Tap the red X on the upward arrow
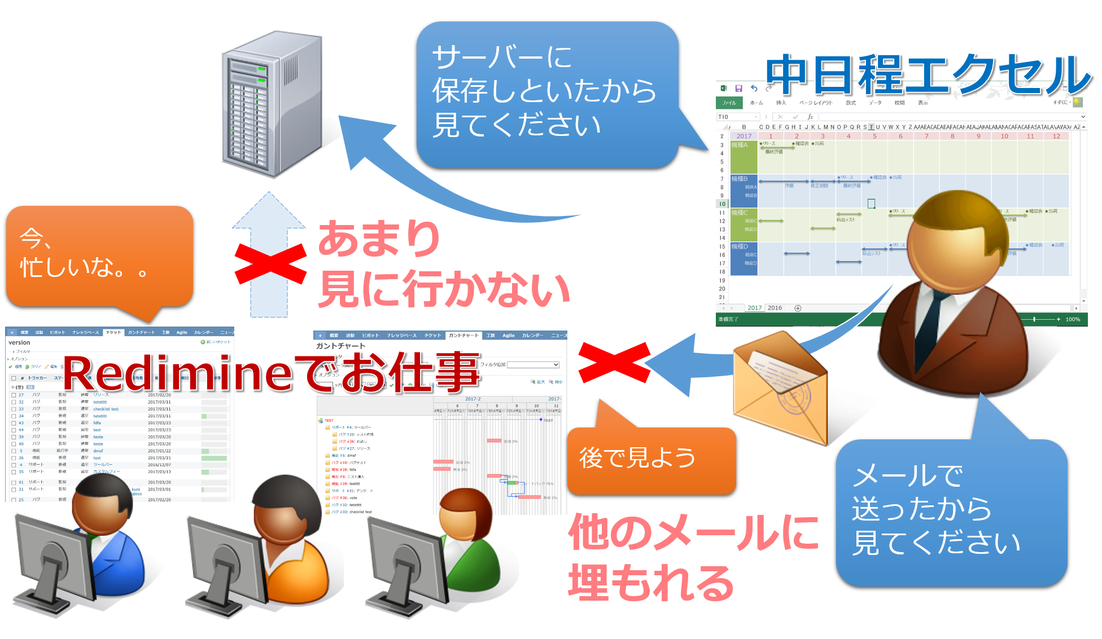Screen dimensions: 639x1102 coord(270,264)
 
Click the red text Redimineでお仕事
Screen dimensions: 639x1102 coord(271,372)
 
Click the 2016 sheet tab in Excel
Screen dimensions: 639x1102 coord(775,308)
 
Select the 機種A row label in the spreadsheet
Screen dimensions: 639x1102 coord(740,145)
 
